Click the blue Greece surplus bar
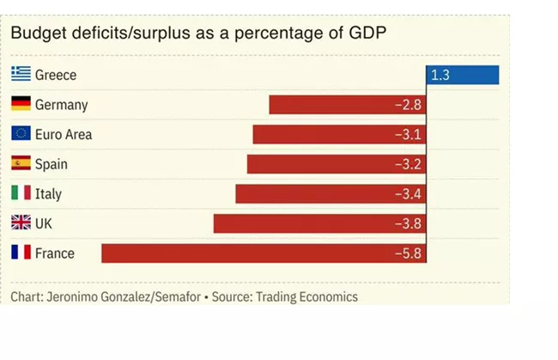463,75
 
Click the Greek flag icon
21,75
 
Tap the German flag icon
21,105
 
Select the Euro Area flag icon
21,134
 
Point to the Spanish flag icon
21,164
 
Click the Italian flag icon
21,193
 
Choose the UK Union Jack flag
21,223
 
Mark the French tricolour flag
21,253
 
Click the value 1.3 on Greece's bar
440,76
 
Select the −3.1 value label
408,135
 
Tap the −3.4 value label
408,194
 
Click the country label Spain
52,164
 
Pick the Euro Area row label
64,135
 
